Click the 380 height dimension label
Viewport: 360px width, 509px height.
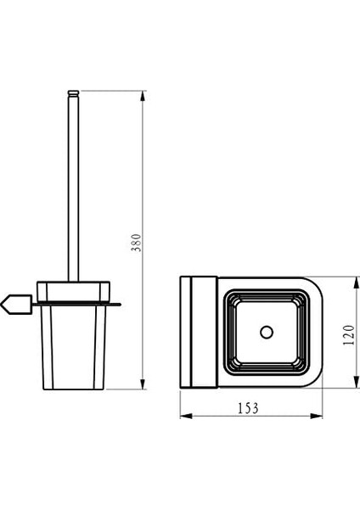coord(136,242)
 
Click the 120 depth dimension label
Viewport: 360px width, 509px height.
coord(349,334)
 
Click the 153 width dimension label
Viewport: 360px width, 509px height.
coord(248,408)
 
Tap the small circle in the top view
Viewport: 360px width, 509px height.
coord(267,332)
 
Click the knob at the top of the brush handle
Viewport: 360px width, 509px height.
coord(73,93)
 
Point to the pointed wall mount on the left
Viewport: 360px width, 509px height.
coord(16,305)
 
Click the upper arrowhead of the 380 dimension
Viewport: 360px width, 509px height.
coord(143,97)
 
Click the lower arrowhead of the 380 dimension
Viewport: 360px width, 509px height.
coord(143,383)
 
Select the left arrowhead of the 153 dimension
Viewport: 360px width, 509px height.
coord(187,416)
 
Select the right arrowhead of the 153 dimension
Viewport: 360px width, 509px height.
coord(316,416)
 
